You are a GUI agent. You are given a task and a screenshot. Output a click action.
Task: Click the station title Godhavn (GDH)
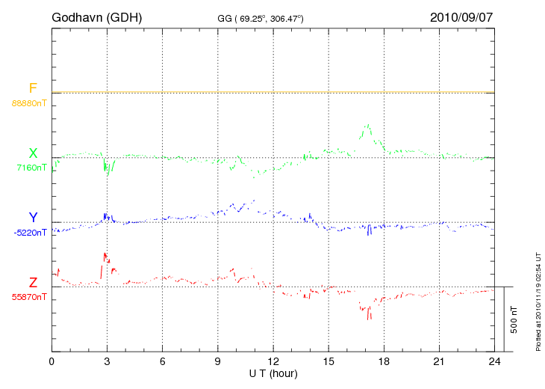[x=98, y=16]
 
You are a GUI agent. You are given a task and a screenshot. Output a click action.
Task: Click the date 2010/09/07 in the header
[x=461, y=16]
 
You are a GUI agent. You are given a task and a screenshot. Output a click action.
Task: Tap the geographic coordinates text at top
[x=261, y=18]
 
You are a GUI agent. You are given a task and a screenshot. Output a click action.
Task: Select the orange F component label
[x=33, y=89]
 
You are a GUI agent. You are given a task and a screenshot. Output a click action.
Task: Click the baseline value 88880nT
[x=28, y=102]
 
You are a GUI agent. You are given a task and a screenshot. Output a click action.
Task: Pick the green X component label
[x=33, y=153]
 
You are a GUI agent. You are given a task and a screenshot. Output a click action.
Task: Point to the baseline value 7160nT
[x=31, y=168]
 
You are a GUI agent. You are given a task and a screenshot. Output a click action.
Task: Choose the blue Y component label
[x=33, y=218]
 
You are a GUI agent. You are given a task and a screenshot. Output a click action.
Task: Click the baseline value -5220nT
[x=30, y=233]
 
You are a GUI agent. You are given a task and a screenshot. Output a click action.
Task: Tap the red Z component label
[x=33, y=282]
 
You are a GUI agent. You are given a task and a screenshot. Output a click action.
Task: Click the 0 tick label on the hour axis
[x=52, y=362]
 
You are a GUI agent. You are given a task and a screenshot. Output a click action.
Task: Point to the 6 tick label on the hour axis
[x=163, y=362]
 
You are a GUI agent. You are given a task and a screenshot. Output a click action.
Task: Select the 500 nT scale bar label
[x=514, y=319]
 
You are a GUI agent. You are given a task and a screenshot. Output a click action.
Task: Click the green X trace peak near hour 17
[x=367, y=125]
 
